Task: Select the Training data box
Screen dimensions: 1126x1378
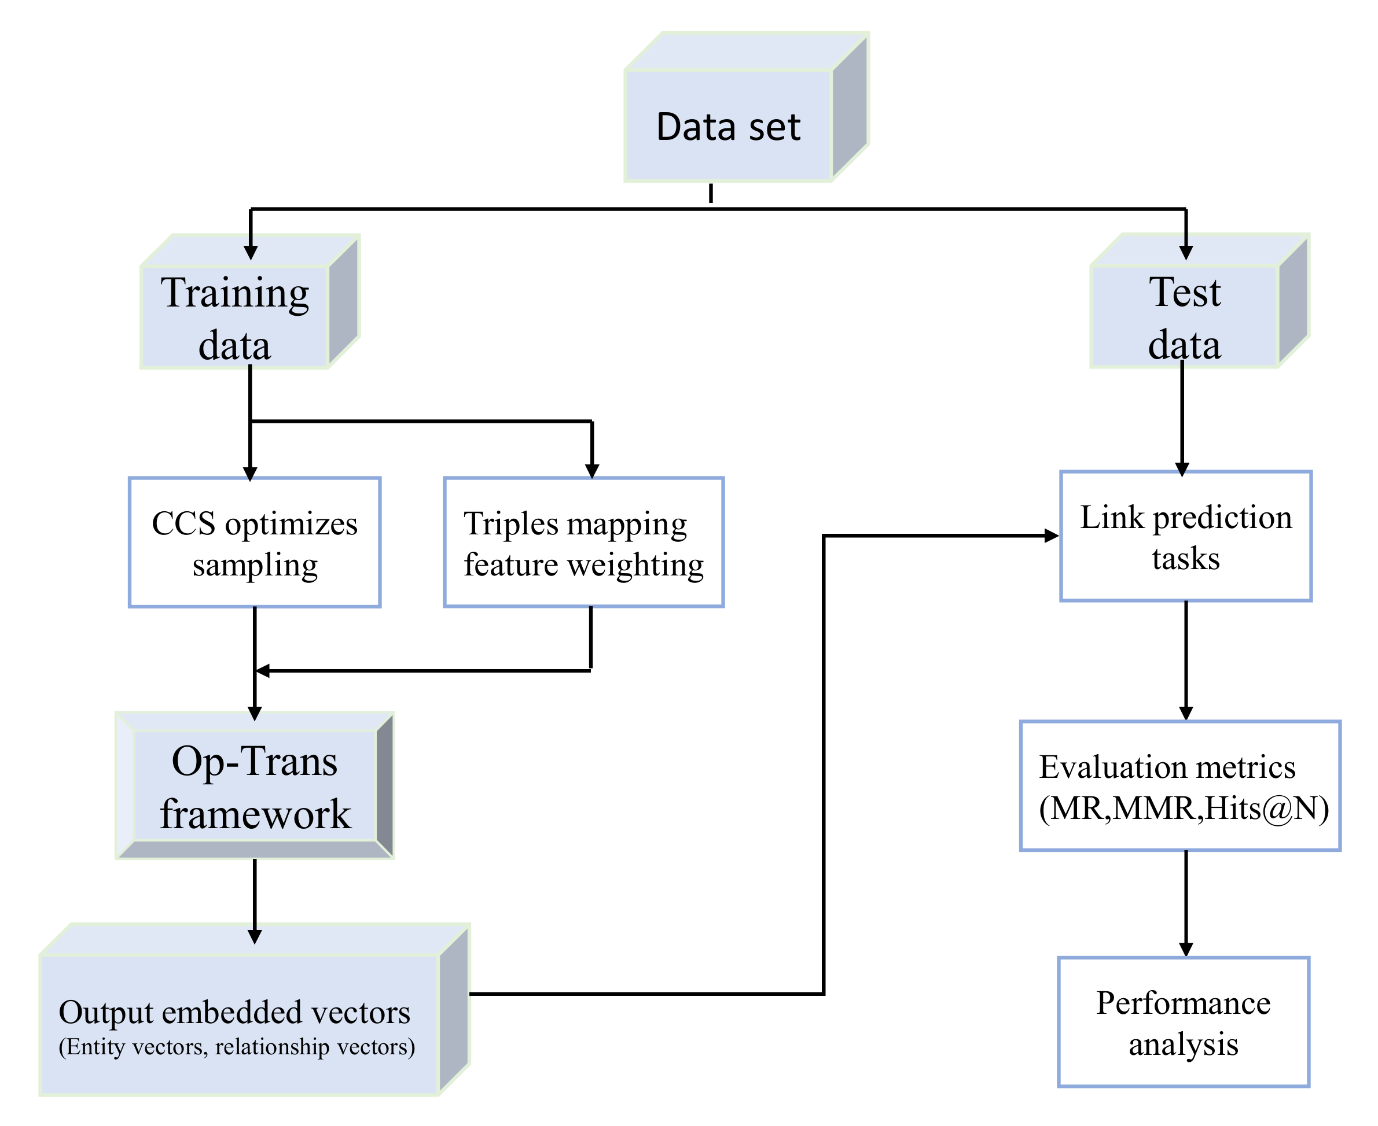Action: click(x=234, y=316)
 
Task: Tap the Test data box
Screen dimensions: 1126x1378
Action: click(x=1185, y=316)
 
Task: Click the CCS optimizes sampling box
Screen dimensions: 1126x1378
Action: click(x=255, y=542)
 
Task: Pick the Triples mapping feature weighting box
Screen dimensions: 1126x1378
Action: click(x=583, y=542)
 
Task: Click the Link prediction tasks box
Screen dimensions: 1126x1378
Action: click(x=1185, y=537)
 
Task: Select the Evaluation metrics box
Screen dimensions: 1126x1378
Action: click(x=1180, y=785)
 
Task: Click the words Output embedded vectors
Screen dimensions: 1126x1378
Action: click(x=234, y=1012)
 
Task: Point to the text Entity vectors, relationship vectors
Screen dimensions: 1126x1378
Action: click(x=237, y=1047)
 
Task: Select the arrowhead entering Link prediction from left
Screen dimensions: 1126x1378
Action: click(x=1052, y=536)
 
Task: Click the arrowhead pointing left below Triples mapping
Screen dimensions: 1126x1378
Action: click(x=263, y=671)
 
